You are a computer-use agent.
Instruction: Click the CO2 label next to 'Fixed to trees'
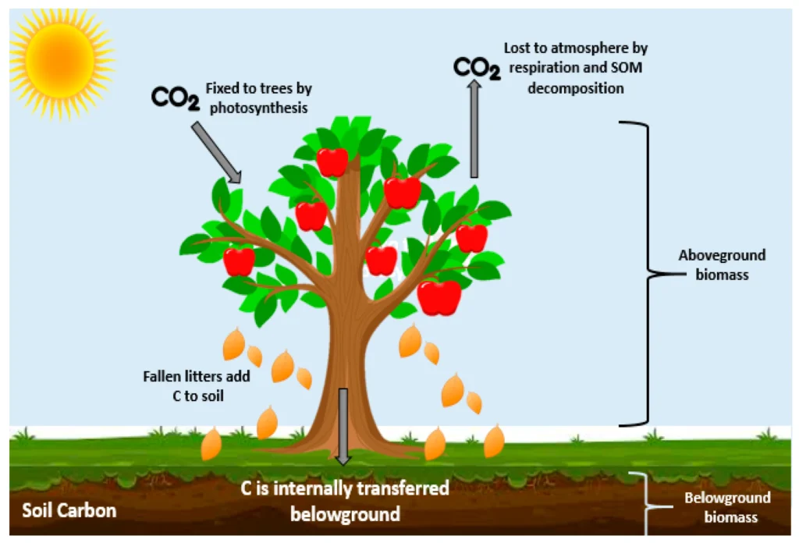pos(175,99)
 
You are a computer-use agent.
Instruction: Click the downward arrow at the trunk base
pos(343,425)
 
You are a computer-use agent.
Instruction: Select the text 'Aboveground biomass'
pos(722,264)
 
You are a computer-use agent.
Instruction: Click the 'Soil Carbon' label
pos(69,511)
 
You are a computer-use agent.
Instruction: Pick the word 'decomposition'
pos(576,88)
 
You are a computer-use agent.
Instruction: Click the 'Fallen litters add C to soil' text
pos(197,385)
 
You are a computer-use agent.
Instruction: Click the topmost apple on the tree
pos(332,161)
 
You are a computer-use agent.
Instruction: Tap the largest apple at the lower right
pos(439,297)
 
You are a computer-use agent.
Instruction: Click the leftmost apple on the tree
pos(239,261)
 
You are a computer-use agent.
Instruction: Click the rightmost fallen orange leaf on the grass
pos(493,442)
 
